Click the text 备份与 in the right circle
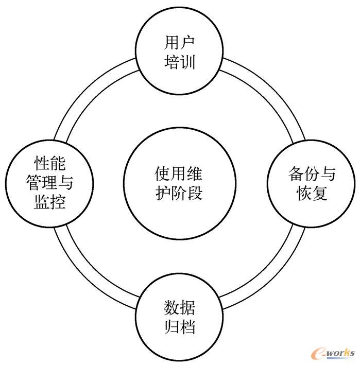coord(312,175)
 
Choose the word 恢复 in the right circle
coord(312,194)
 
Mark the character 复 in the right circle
coord(320,194)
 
